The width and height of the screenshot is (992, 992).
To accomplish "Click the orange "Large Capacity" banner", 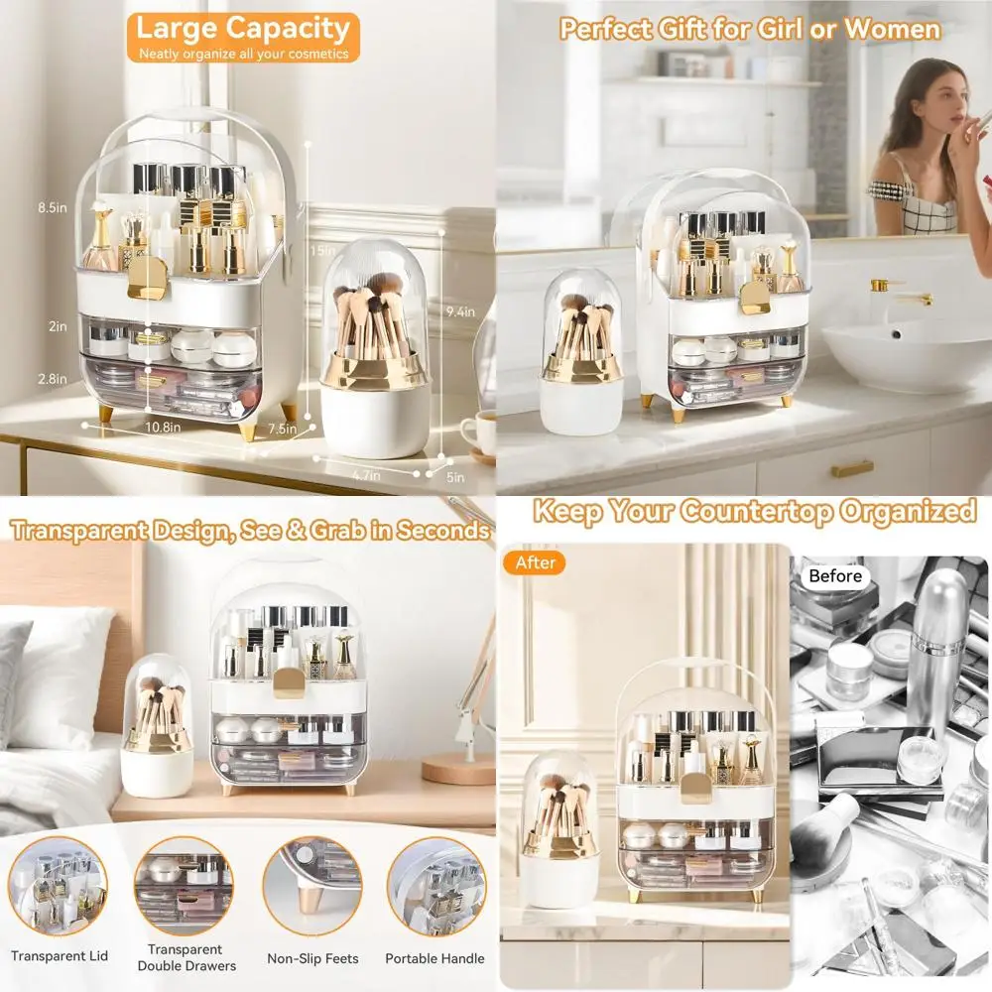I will click(242, 36).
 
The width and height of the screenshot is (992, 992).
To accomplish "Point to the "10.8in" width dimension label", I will click(162, 428).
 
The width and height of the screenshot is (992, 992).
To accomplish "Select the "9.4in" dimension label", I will click(460, 311).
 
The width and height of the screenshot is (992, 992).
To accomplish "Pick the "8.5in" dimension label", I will click(52, 208).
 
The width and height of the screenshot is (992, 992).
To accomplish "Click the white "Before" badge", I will click(834, 576).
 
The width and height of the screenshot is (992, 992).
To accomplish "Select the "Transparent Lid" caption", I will click(60, 956).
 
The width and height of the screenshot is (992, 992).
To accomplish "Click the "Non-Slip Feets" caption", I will click(312, 958).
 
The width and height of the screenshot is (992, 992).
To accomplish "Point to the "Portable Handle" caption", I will click(434, 958).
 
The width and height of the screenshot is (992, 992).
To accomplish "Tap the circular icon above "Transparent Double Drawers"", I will click(185, 886).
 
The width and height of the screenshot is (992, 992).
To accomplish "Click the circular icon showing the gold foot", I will click(312, 886).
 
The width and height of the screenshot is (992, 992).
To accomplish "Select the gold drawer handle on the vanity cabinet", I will click(851, 469).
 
